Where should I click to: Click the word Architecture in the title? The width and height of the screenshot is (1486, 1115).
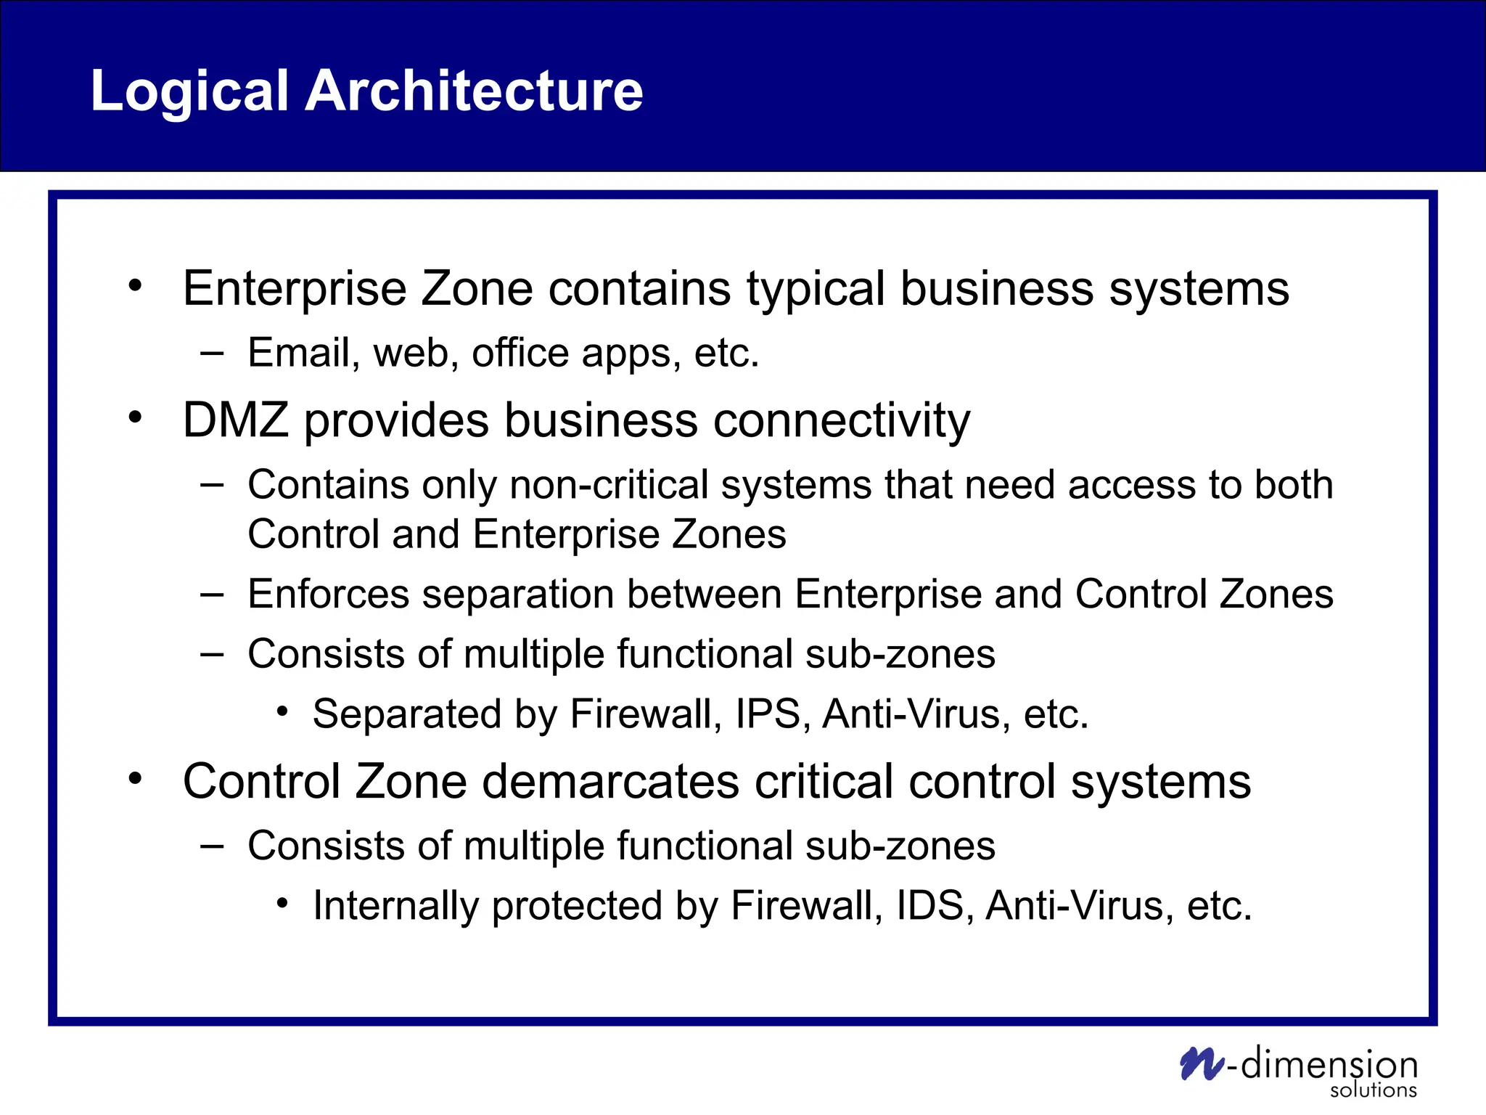click(473, 91)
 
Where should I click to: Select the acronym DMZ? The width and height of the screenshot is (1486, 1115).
click(236, 420)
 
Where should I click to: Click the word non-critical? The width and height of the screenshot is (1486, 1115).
click(609, 485)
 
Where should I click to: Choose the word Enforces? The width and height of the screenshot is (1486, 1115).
click(328, 594)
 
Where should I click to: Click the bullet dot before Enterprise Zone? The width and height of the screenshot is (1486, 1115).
click(135, 286)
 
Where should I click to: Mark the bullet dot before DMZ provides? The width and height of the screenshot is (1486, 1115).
click(135, 417)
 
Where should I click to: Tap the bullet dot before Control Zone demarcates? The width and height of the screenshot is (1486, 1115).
click(135, 779)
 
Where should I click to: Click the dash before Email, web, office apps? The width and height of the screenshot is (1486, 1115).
click(212, 354)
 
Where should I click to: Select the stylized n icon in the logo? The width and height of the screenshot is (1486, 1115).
click(1202, 1064)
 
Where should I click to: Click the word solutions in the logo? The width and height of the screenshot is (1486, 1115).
click(1373, 1090)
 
